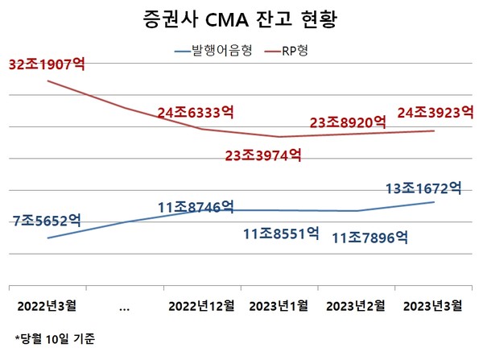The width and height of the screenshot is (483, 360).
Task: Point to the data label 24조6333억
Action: (x=196, y=114)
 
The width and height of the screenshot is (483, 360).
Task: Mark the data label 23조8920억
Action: (x=349, y=123)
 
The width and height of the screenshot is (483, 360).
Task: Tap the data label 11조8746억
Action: (x=196, y=207)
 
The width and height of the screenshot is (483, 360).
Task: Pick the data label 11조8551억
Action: (x=281, y=235)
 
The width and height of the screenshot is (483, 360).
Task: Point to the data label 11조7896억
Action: (x=370, y=238)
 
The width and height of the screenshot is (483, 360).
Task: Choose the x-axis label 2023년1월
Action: (x=279, y=305)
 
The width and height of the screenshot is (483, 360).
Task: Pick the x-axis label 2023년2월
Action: (x=356, y=305)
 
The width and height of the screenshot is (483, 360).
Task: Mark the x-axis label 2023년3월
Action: (x=432, y=305)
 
